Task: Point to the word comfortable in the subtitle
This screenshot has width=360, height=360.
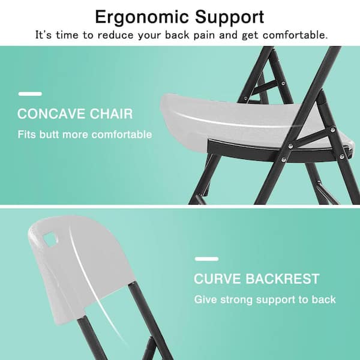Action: coord(293,35)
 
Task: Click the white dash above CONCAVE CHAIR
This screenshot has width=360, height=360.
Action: coord(30,94)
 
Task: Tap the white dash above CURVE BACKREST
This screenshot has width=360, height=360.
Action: coord(206,259)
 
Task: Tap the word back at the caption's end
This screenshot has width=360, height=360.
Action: coord(324,299)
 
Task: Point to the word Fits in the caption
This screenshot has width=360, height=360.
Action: coord(27,134)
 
